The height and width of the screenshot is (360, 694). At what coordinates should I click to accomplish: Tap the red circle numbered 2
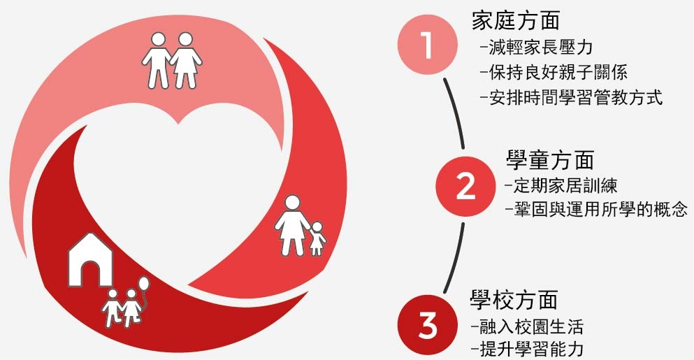coord(465,186)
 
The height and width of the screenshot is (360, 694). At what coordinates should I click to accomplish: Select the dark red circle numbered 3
coord(428,325)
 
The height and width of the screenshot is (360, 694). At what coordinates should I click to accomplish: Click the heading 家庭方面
coord(516,21)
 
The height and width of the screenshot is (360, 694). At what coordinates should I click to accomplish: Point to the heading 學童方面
coord(549,160)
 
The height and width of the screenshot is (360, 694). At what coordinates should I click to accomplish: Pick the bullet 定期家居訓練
coord(560,186)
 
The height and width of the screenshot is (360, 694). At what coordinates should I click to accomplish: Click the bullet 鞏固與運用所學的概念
coord(596,209)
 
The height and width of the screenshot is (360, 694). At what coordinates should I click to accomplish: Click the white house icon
coord(90,263)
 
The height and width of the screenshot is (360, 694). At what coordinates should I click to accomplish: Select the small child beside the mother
coord(318,238)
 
